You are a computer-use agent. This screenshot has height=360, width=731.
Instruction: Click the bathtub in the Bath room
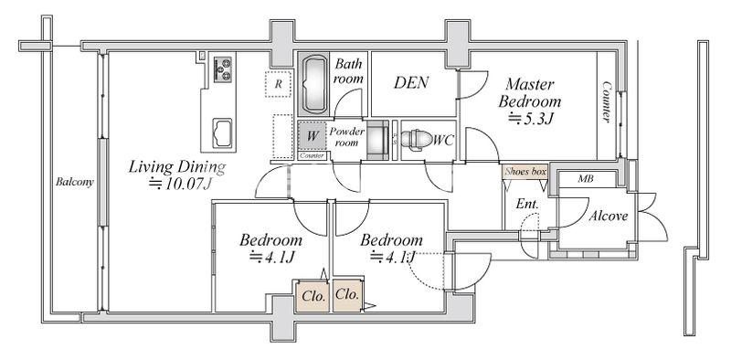314,84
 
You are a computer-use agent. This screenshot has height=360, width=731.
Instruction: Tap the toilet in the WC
417,140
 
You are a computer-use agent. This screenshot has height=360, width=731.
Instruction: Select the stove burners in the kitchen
223,69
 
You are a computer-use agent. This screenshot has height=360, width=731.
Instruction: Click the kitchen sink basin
222,133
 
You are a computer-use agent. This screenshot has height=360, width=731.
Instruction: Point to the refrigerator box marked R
278,84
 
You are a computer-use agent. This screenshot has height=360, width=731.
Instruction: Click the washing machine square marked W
313,136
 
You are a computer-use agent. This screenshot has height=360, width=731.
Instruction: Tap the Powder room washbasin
377,140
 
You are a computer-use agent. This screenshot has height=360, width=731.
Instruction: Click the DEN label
411,83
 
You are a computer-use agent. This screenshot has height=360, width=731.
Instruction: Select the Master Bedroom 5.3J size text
531,120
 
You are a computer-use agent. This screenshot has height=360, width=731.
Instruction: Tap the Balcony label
75,182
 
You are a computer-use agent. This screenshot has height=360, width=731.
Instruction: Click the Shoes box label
525,172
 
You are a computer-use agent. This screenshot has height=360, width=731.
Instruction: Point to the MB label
586,178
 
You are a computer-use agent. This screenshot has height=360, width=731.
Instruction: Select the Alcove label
608,216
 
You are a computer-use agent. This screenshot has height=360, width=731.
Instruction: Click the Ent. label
527,204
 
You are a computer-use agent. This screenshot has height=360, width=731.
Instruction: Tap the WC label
443,141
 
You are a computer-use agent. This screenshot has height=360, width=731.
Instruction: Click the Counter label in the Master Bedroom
607,101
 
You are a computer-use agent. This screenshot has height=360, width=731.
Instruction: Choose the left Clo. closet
313,296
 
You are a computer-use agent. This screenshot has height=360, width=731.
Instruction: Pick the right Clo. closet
347,295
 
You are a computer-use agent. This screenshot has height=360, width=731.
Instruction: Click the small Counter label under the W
313,155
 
